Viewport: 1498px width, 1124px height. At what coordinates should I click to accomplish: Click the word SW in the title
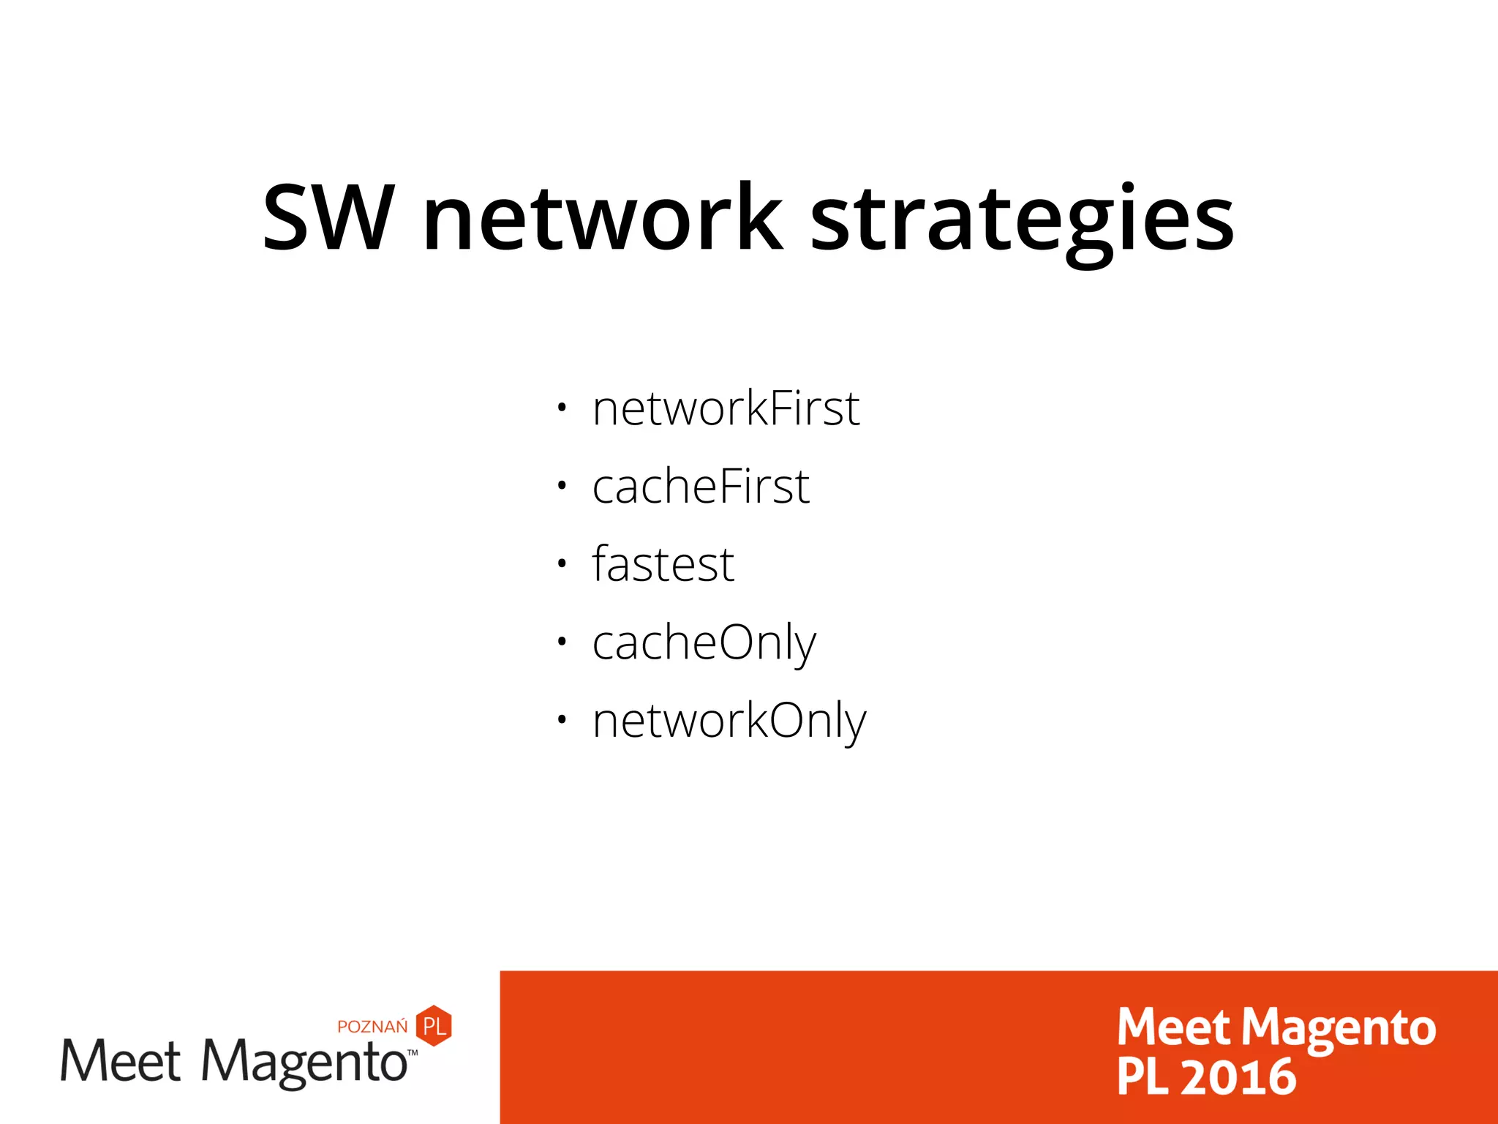(x=328, y=218)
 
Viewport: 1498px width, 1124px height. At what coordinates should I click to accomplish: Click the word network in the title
(x=603, y=218)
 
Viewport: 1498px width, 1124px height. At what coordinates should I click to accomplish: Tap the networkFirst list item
(x=726, y=408)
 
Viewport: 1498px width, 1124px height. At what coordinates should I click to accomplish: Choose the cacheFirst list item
(x=701, y=487)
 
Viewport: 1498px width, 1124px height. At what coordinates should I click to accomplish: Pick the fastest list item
(x=663, y=564)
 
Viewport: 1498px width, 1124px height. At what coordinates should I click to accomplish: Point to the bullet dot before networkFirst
(x=561, y=408)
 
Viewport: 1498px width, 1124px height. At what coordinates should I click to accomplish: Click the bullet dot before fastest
(x=561, y=563)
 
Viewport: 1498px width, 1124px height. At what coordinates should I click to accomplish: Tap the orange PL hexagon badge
(x=434, y=1025)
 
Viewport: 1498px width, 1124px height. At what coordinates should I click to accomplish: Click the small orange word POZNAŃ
(x=372, y=1027)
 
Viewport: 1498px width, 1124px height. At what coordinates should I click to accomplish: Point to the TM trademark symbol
(x=413, y=1052)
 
